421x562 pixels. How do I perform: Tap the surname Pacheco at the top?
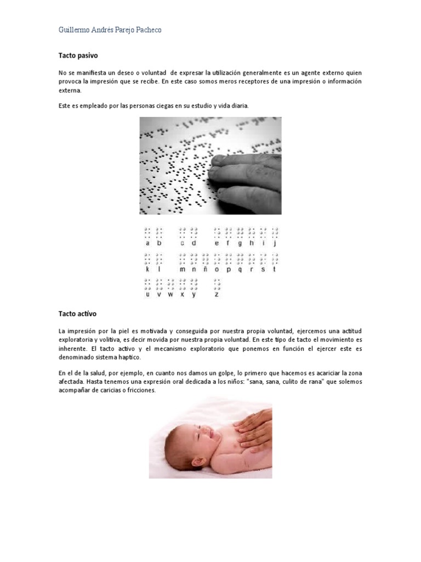pyautogui.click(x=147, y=30)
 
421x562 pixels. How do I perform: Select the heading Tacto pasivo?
pyautogui.click(x=78, y=55)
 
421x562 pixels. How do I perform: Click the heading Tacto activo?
pyautogui.click(x=77, y=314)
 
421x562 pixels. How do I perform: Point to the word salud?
pyautogui.click(x=100, y=373)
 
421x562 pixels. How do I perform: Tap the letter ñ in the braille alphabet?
pyautogui.click(x=206, y=269)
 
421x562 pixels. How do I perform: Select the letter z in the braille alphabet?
pyautogui.click(x=217, y=294)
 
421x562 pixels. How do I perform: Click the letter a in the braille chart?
pyautogui.click(x=147, y=243)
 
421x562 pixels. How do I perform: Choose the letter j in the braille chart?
pyautogui.click(x=275, y=243)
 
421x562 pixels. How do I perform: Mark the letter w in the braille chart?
pyautogui.click(x=170, y=294)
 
